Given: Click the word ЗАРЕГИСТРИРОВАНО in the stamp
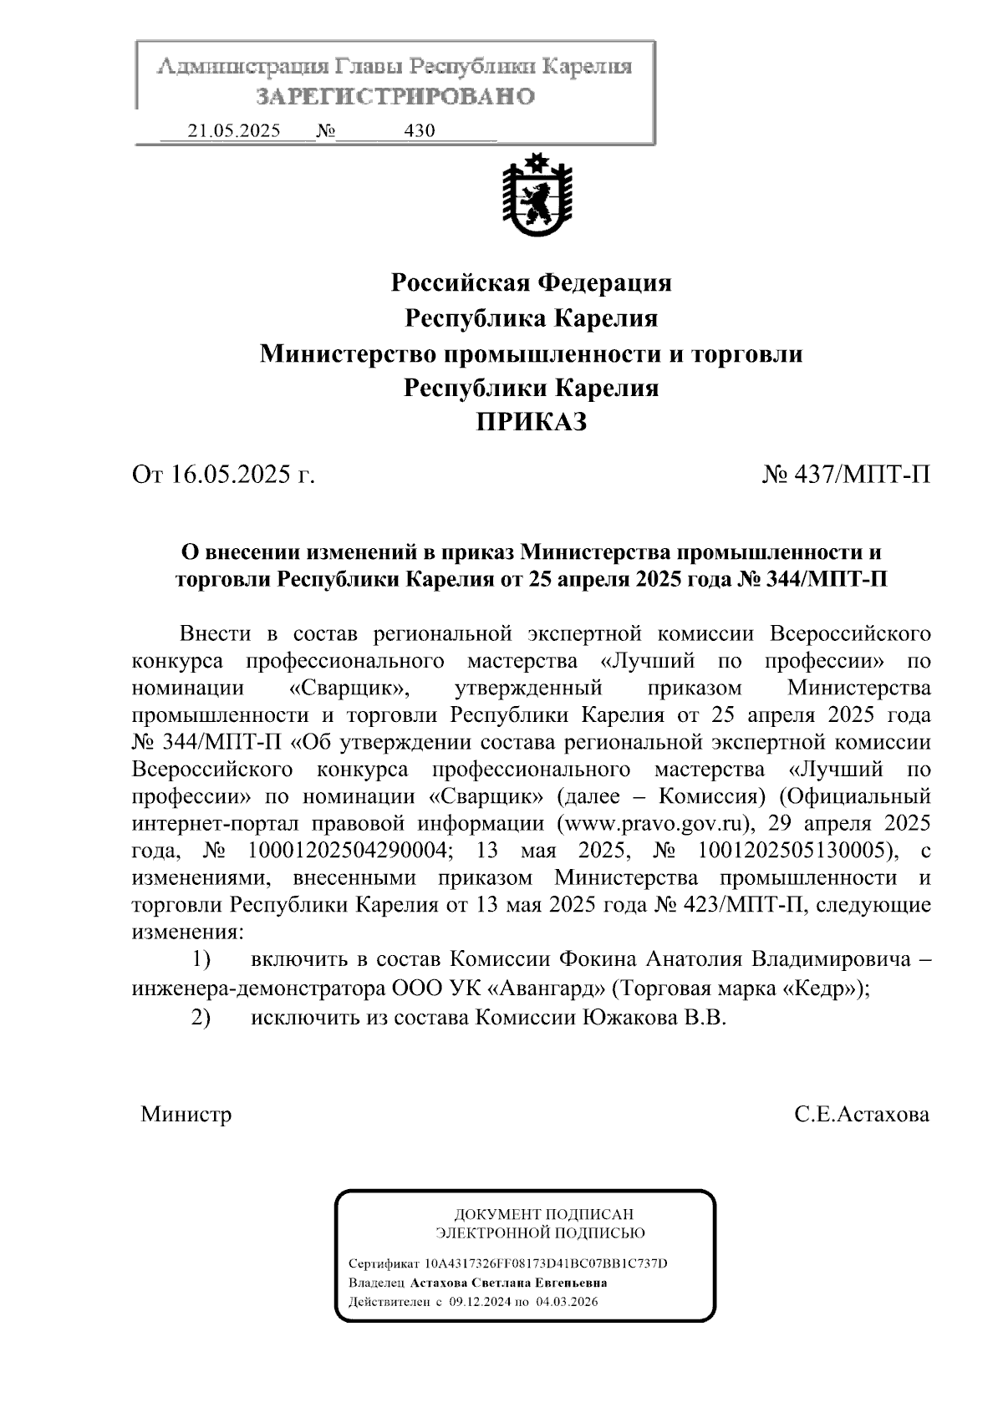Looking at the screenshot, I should pyautogui.click(x=395, y=97).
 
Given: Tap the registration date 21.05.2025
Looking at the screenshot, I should pyautogui.click(x=234, y=131).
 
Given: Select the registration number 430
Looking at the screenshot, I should pyautogui.click(x=420, y=131).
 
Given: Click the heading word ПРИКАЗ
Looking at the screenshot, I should pyautogui.click(x=531, y=423).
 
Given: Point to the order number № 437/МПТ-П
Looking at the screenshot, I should pyautogui.click(x=846, y=475).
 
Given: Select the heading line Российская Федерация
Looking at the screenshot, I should pyautogui.click(x=531, y=283).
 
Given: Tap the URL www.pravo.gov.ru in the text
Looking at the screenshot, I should pyautogui.click(x=654, y=823).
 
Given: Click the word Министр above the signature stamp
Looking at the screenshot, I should pyautogui.click(x=186, y=1114).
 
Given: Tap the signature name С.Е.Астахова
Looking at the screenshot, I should pyautogui.click(x=862, y=1114).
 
